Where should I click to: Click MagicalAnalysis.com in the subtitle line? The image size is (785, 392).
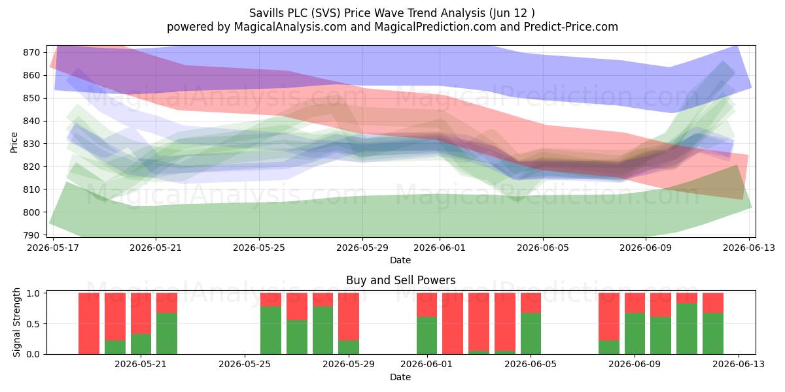point(290,27)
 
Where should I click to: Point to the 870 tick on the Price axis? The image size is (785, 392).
point(31,52)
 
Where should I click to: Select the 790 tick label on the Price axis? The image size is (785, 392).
point(31,235)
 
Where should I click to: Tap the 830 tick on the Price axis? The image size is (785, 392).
point(31,144)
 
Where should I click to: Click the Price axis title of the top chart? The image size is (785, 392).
point(14,142)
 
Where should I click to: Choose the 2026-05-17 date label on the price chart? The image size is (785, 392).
point(53,248)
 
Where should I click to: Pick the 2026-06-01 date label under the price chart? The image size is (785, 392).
point(440,248)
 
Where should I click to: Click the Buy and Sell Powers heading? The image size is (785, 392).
point(400,280)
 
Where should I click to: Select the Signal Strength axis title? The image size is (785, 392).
point(16,322)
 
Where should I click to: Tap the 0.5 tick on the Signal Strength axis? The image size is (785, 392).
point(34,324)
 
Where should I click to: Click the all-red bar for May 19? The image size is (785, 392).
point(89,323)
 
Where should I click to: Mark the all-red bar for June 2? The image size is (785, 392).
point(453,323)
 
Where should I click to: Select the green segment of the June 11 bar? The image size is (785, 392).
point(686,329)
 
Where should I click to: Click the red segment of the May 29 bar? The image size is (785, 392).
point(349,316)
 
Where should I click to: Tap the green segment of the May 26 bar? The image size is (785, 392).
point(297,337)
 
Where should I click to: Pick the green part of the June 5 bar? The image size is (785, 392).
point(531,334)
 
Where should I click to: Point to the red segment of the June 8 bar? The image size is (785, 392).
point(609,316)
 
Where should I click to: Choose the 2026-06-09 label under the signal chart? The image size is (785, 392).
point(635,365)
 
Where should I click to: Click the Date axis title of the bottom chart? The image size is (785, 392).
point(400,377)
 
